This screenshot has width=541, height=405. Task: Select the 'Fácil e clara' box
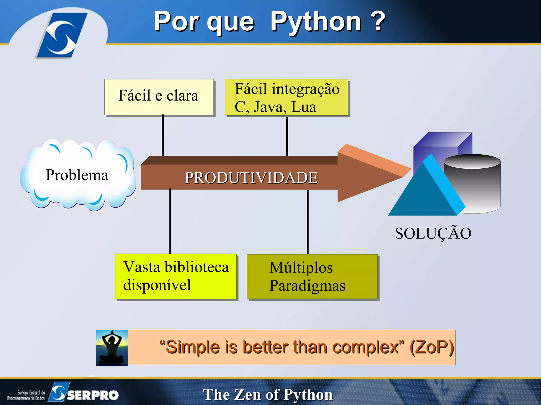coord(159,97)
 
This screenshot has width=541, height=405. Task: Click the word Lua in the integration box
coord(304,107)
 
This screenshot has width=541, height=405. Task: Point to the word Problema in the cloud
coord(77,175)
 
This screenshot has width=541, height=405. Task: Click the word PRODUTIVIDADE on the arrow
coord(251,178)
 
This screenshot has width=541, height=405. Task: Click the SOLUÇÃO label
coord(433,234)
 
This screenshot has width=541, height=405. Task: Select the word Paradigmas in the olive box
coord(307,286)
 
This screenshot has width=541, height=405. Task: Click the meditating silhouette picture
coord(112,347)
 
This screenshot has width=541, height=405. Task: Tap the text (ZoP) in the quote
coord(432,347)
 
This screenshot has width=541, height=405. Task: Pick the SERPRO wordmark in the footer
coord(92,395)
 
